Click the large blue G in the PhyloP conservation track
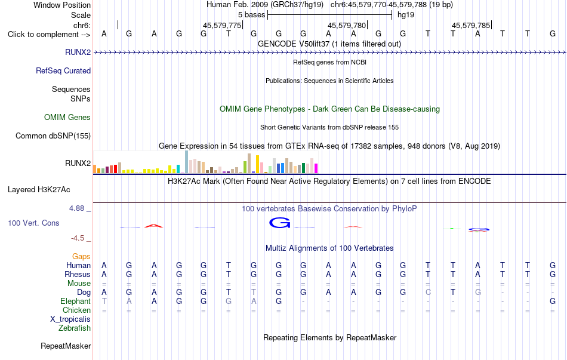(279, 223)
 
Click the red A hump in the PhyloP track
(153, 226)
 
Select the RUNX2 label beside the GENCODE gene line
(78, 52)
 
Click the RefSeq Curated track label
(63, 70)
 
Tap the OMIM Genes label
(67, 117)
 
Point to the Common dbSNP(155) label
(53, 136)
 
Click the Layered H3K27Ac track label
(39, 190)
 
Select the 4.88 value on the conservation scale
(76, 208)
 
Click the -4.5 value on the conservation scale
(78, 238)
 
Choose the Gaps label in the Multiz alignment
(81, 256)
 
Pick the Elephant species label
(76, 301)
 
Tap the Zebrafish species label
(75, 328)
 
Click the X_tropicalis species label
(70, 319)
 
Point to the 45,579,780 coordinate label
(347, 25)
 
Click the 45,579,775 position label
(222, 25)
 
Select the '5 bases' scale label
(252, 15)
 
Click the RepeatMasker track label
(66, 346)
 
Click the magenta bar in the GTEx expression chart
(316, 168)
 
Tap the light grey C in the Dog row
(428, 292)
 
